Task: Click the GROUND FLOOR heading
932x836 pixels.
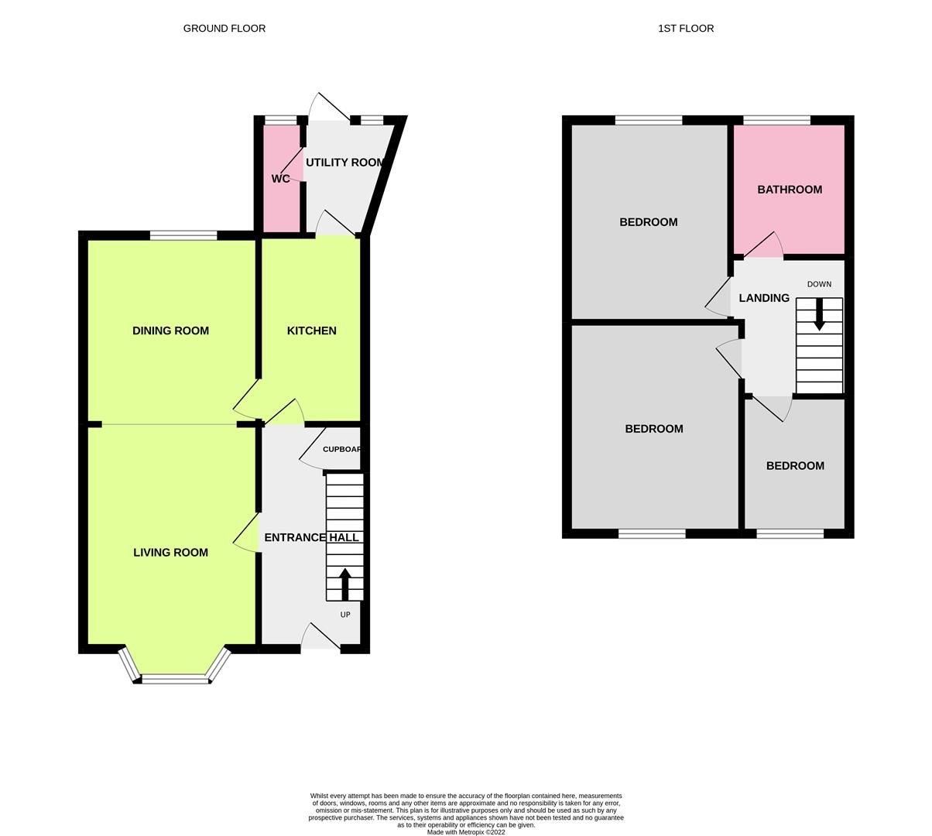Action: pyautogui.click(x=224, y=29)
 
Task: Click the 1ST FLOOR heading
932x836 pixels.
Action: pyautogui.click(x=686, y=29)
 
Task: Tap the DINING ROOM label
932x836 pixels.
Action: pyautogui.click(x=170, y=331)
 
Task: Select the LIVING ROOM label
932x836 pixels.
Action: pyautogui.click(x=170, y=553)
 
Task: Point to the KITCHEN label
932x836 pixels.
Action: pyautogui.click(x=311, y=331)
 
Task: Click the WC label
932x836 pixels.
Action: pyautogui.click(x=280, y=179)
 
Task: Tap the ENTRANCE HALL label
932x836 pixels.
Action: pyautogui.click(x=311, y=537)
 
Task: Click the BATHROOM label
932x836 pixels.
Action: pyautogui.click(x=790, y=190)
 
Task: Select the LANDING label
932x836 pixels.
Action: pyautogui.click(x=764, y=298)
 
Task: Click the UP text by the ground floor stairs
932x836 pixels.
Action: pyautogui.click(x=345, y=615)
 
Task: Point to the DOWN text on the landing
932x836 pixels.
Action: pyautogui.click(x=819, y=284)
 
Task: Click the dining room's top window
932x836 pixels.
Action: pyautogui.click(x=183, y=235)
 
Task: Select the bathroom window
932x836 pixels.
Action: pyautogui.click(x=776, y=120)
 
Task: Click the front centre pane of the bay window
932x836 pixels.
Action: pyautogui.click(x=176, y=680)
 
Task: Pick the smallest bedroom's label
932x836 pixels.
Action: pyautogui.click(x=795, y=466)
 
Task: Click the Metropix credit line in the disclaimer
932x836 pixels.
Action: pyautogui.click(x=466, y=832)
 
